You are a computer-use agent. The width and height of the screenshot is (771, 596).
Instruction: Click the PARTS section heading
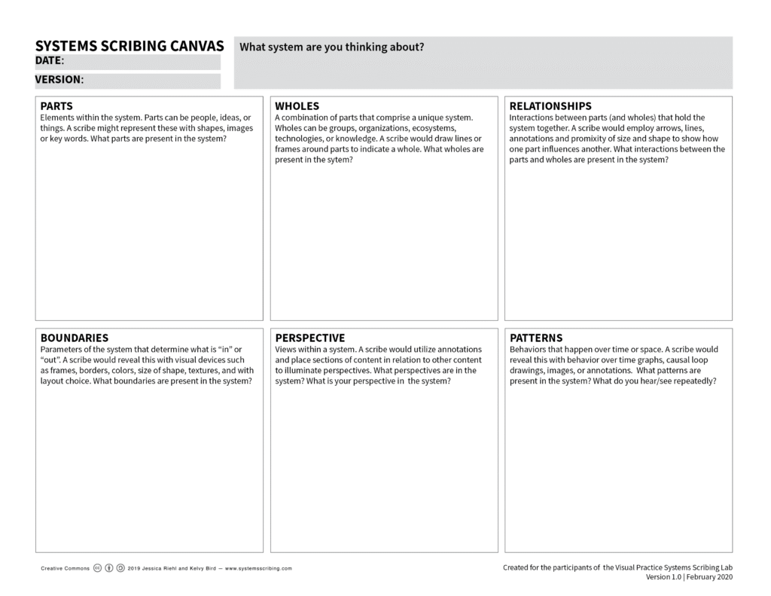point(56,106)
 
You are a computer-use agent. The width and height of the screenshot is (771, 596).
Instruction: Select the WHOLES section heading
point(297,106)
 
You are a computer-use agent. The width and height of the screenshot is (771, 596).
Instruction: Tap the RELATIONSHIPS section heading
point(550,106)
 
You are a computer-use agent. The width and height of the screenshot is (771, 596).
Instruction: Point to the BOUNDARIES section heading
point(74,338)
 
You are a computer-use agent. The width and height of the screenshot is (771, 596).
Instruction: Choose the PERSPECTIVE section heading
point(309,338)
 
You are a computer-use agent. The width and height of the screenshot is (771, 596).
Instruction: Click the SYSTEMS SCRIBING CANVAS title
point(129,47)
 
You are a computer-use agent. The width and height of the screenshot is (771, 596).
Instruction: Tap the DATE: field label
point(50,61)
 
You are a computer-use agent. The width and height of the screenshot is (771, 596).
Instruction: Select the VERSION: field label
point(59,79)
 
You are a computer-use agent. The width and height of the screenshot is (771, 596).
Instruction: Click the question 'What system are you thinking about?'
point(331,47)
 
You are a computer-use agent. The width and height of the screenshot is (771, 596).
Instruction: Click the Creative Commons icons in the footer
point(109,568)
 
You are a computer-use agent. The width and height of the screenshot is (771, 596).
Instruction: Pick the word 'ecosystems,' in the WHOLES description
point(433,128)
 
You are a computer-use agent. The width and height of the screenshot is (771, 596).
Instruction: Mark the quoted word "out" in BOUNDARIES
point(52,360)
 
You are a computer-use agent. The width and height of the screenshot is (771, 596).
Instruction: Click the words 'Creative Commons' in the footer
point(65,569)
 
